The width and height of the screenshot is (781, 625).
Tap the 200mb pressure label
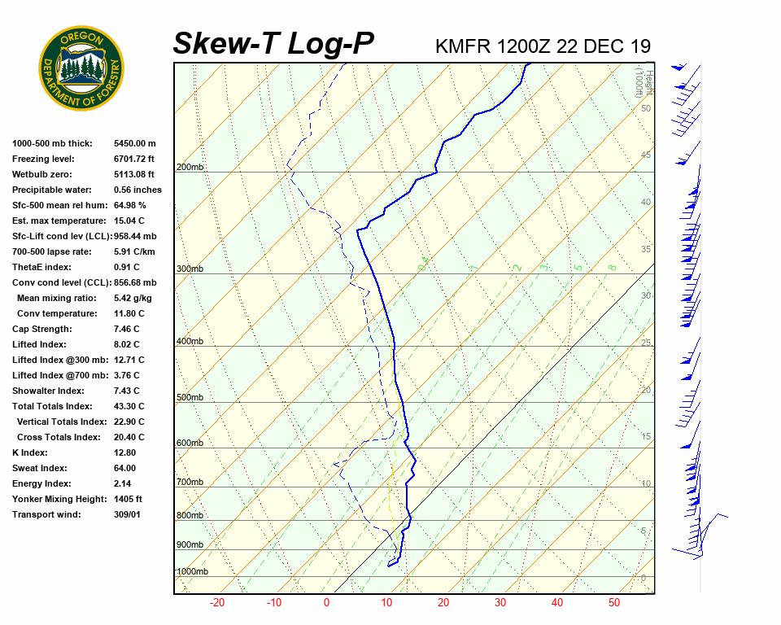pyautogui.click(x=190, y=168)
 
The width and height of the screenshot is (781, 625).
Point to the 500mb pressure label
pyautogui.click(x=190, y=398)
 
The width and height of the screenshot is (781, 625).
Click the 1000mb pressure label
pyautogui.click(x=192, y=572)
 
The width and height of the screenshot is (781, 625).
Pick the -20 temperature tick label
pyautogui.click(x=217, y=603)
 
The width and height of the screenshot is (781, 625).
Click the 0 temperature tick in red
pyautogui.click(x=326, y=603)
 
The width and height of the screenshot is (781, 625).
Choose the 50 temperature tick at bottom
pyautogui.click(x=614, y=603)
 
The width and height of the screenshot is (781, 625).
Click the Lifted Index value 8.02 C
pyautogui.click(x=127, y=344)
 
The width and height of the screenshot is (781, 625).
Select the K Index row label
pyautogui.click(x=30, y=452)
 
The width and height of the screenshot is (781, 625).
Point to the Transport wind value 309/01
pyautogui.click(x=129, y=514)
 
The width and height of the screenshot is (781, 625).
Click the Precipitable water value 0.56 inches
pyautogui.click(x=137, y=190)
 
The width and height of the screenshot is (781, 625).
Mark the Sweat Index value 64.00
pyautogui.click(x=125, y=468)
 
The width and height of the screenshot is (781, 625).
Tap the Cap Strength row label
pyautogui.click(x=41, y=329)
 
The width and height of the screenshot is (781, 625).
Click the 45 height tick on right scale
pyautogui.click(x=646, y=155)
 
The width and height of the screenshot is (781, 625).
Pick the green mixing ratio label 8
pyautogui.click(x=612, y=267)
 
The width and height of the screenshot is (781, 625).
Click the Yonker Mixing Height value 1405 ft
pyautogui.click(x=129, y=499)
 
